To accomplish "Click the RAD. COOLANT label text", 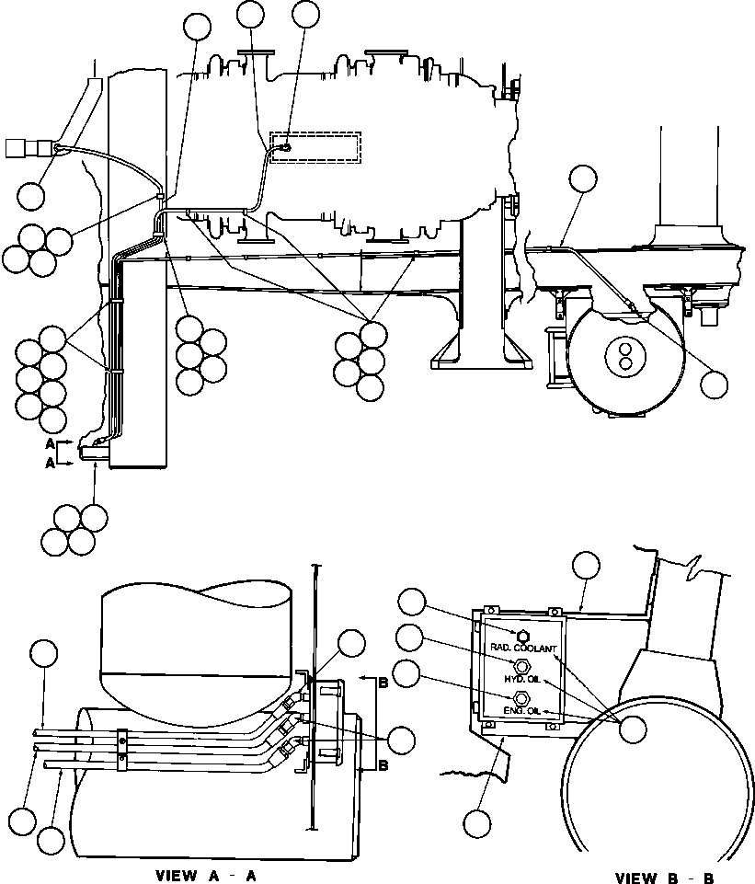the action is tap(523, 649).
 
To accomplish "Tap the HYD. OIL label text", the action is tap(522, 680).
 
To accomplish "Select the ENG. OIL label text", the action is tap(522, 711).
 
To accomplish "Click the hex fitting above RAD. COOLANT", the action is tap(522, 636).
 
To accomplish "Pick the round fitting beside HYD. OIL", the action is tap(522, 667).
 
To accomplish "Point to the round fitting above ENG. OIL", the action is tap(522, 698).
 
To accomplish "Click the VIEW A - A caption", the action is tap(206, 876).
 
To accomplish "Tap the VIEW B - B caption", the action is tap(664, 878).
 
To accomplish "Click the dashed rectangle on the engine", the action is tap(315, 148).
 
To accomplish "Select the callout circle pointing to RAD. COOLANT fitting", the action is tap(411, 603).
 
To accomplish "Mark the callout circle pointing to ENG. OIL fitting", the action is tap(407, 674).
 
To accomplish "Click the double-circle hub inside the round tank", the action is tap(624, 356).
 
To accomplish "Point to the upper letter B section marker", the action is tap(383, 683).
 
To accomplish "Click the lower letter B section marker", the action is tap(383, 765).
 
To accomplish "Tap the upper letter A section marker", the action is tap(51, 443).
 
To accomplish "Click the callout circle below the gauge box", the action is tap(477, 823).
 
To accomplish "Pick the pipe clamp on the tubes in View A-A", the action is tap(121, 750).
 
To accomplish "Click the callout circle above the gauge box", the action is tap(586, 566).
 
